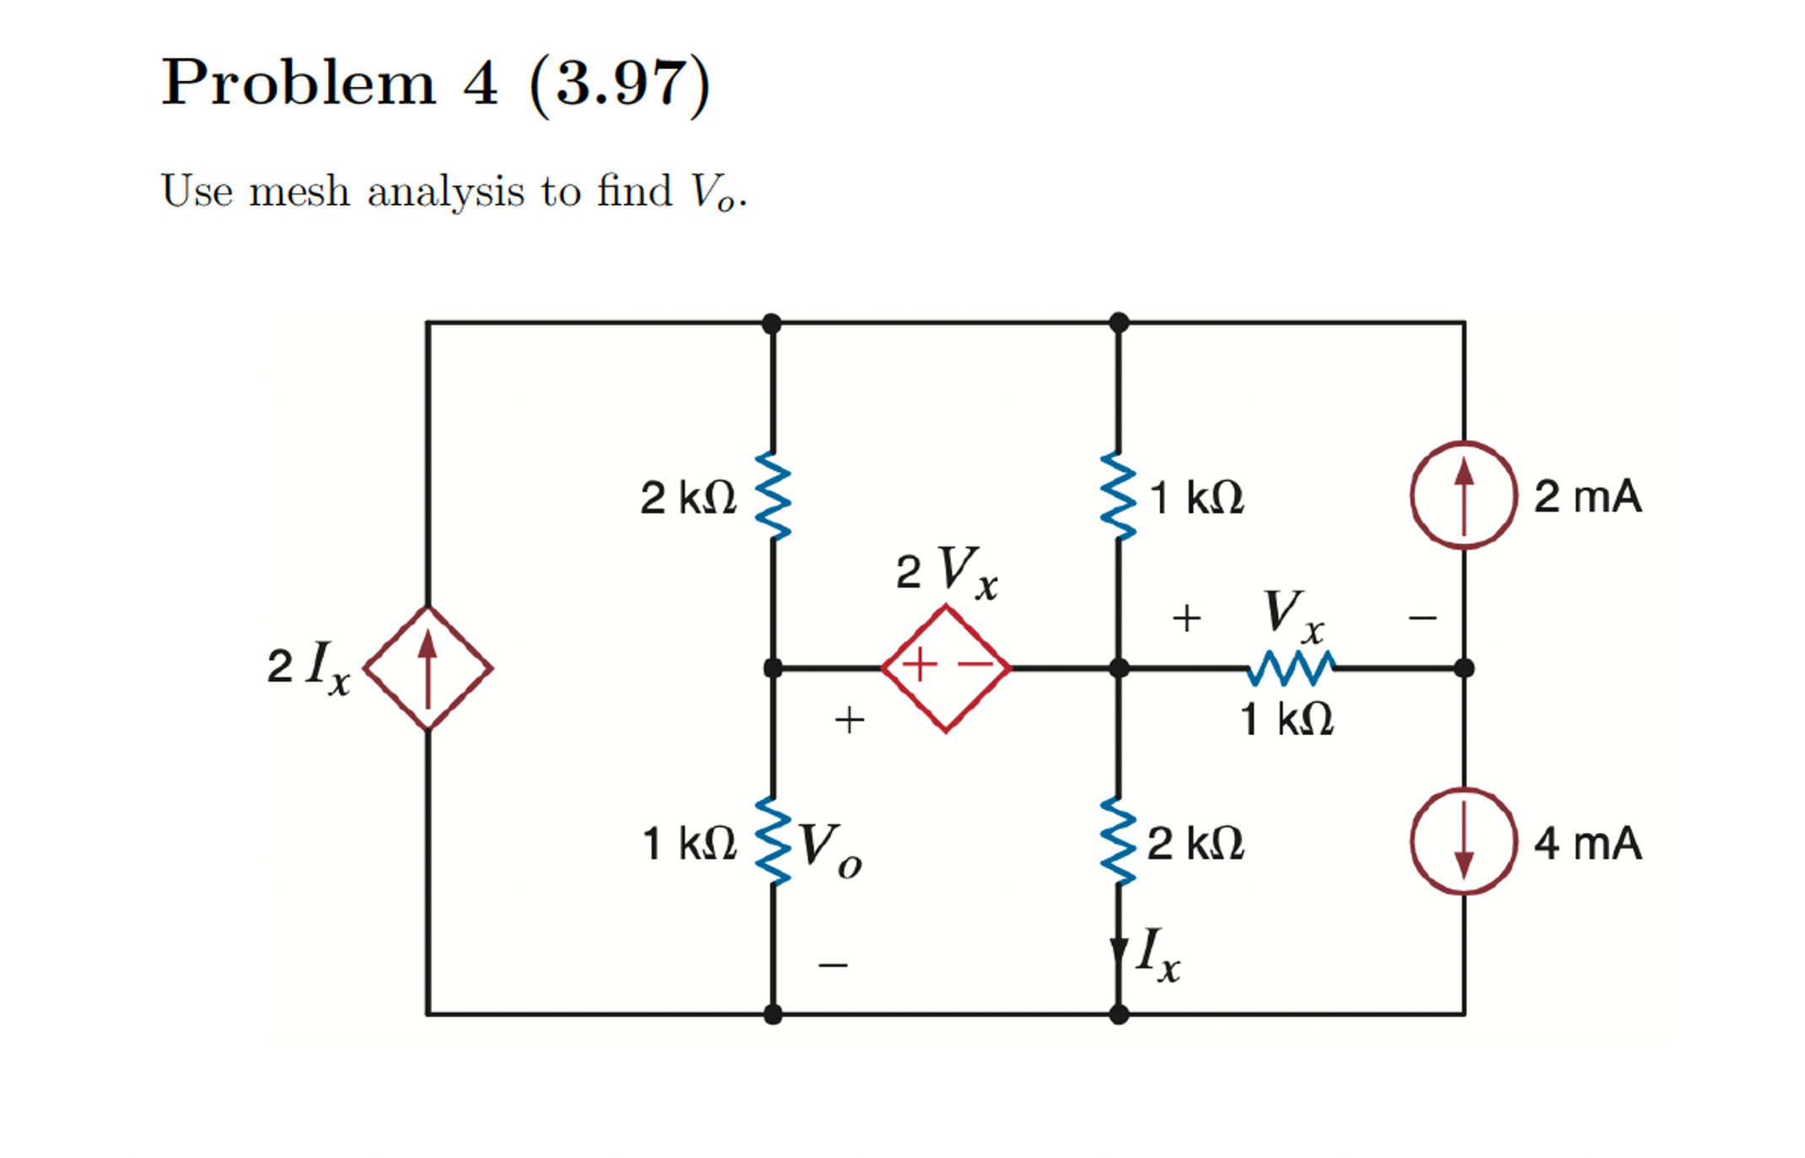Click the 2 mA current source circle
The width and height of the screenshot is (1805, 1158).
point(1464,496)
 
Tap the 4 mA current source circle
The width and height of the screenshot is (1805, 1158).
point(1464,841)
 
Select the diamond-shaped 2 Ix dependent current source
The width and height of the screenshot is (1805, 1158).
point(428,667)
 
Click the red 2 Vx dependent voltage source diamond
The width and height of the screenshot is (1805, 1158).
point(946,667)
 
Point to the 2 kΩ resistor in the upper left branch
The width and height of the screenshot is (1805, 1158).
point(773,496)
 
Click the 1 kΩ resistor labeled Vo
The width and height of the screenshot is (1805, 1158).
point(773,841)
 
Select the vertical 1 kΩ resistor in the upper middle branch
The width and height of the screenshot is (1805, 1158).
point(1118,496)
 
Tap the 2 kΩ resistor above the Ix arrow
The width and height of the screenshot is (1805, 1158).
point(1118,841)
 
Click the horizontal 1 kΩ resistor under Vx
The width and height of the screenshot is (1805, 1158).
point(1291,668)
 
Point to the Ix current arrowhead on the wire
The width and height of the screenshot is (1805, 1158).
point(1119,952)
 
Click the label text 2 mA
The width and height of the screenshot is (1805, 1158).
point(1587,496)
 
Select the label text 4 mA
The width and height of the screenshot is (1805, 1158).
point(1587,843)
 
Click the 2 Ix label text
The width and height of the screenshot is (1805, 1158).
point(309,667)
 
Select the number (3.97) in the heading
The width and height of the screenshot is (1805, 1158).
point(620,84)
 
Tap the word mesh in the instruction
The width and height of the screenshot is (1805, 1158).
point(299,191)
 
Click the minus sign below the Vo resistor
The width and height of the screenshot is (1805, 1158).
point(833,964)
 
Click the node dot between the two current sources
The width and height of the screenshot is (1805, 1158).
point(1464,668)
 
